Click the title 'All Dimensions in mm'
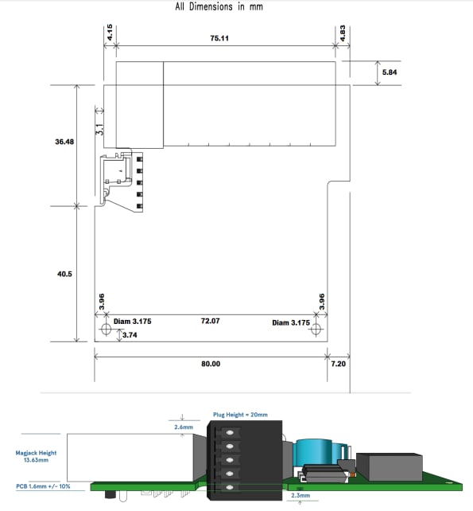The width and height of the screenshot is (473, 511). click(219, 7)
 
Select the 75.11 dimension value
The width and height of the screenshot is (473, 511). click(220, 37)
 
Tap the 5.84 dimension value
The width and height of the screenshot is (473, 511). click(390, 73)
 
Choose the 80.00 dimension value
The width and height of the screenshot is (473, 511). click(211, 363)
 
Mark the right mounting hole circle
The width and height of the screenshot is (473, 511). click(316, 330)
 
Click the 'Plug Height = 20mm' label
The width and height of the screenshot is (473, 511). click(240, 415)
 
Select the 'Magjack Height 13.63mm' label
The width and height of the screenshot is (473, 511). click(33, 456)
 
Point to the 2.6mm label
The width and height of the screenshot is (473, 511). click(184, 427)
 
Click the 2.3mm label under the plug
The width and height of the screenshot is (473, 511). click(302, 495)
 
